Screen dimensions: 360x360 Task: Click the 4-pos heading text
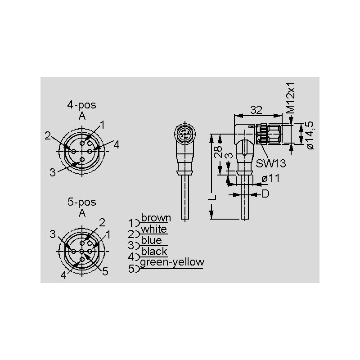81,105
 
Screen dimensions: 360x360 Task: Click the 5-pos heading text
81,202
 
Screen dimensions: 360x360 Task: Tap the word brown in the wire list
156,218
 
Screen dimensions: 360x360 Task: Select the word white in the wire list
153,229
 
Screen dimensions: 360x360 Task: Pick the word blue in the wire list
151,240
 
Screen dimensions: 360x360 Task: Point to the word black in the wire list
154,252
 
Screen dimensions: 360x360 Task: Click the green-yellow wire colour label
172,262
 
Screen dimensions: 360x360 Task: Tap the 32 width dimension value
256,110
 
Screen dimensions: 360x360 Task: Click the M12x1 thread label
291,98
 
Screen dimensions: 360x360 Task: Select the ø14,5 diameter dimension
310,135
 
